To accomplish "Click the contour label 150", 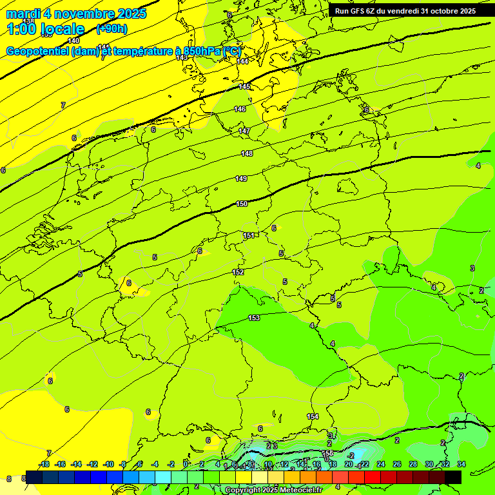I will (x=242, y=204).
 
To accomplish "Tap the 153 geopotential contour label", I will (x=254, y=318).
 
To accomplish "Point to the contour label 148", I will (x=247, y=153).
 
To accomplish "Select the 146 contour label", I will (x=240, y=109).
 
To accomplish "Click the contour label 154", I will (x=313, y=416).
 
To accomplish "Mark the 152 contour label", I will (x=238, y=272).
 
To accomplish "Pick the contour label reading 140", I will (x=73, y=41).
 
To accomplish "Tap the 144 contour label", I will (x=242, y=61).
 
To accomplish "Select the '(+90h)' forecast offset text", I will (x=112, y=29).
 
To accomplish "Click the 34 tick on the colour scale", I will (x=461, y=464).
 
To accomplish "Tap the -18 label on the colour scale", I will (x=44, y=464).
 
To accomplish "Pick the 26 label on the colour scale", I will (x=396, y=464).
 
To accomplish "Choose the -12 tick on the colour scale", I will (x=92, y=464).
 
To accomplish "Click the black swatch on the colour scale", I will (x=452, y=477).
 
